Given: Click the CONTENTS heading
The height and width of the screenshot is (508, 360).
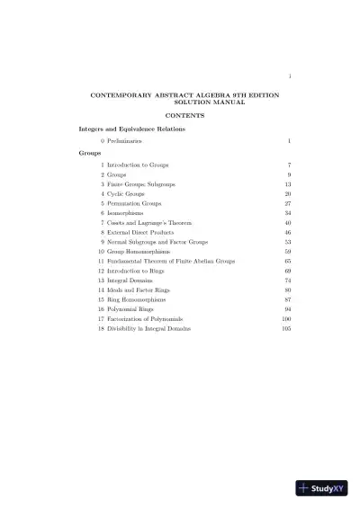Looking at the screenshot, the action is (x=185, y=116).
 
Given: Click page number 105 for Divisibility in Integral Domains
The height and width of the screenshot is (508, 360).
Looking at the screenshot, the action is (x=286, y=328).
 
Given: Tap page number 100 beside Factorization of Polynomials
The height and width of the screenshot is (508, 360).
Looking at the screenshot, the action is (x=286, y=318).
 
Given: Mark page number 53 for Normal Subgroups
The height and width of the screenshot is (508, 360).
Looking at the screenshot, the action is (x=288, y=242).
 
